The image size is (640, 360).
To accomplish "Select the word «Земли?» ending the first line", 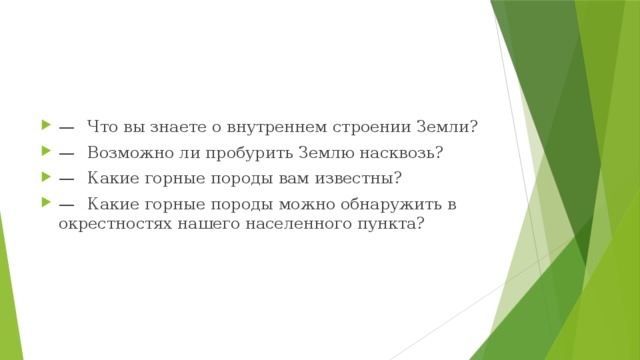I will pos(445,127).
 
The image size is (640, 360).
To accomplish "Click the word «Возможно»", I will pos(125,153).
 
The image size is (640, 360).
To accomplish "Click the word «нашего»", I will pos(203,224).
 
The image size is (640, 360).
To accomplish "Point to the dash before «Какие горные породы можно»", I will pos(66,205).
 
